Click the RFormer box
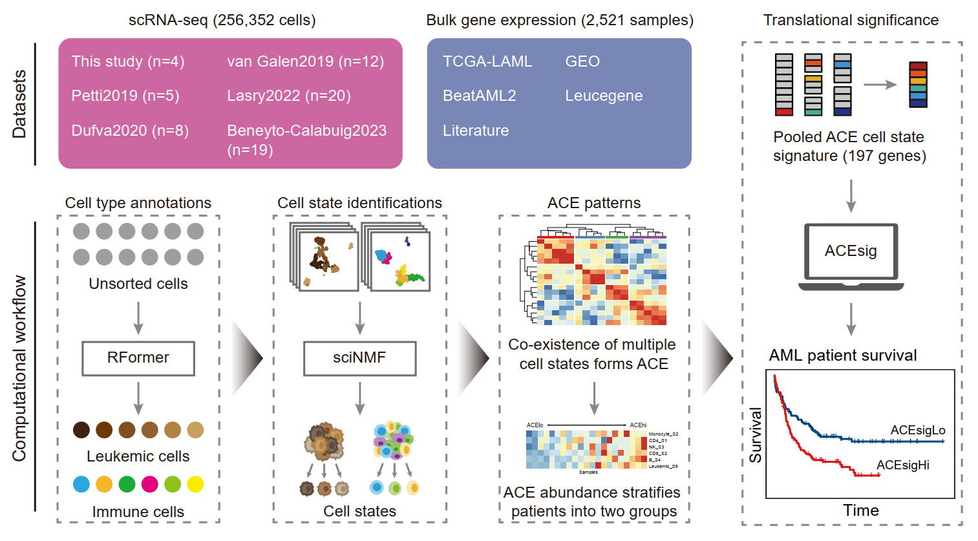(x=138, y=358)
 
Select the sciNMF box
(x=359, y=358)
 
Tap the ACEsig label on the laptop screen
(x=851, y=251)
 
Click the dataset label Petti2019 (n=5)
(x=125, y=96)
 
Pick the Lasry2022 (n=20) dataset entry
(x=289, y=96)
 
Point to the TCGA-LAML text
(x=487, y=61)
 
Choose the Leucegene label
(x=604, y=96)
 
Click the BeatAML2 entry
(x=480, y=96)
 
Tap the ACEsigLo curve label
(x=917, y=430)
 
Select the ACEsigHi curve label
(x=902, y=465)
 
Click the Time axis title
(x=861, y=511)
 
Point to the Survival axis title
(x=756, y=435)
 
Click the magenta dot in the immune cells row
(x=149, y=484)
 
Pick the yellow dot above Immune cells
(x=195, y=484)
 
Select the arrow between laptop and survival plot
(x=851, y=319)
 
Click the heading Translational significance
(x=851, y=20)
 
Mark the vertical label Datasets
(x=19, y=104)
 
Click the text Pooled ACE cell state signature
(x=849, y=147)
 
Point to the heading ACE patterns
(x=594, y=203)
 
